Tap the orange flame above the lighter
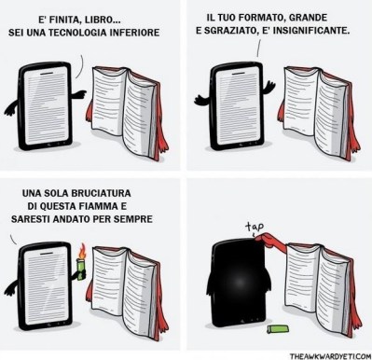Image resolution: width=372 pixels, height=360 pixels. point(83,250)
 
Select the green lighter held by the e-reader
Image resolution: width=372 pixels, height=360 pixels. point(83,267)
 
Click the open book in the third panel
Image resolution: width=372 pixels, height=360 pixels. point(131,289)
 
